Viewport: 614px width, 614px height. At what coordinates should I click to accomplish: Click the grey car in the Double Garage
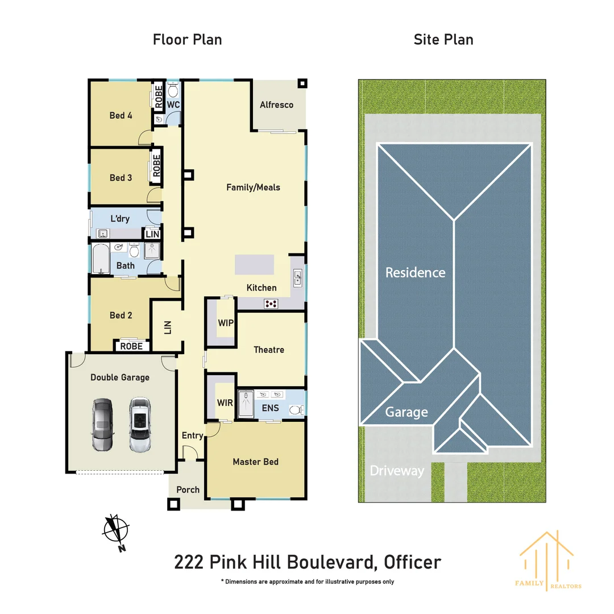pyautogui.click(x=103, y=425)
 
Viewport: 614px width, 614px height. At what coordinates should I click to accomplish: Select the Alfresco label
pyautogui.click(x=276, y=105)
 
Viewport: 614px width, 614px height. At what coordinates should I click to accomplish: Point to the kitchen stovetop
pyautogui.click(x=271, y=304)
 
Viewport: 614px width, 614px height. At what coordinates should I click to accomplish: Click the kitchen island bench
pyautogui.click(x=255, y=265)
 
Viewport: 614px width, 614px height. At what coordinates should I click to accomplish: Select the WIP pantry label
pyautogui.click(x=225, y=322)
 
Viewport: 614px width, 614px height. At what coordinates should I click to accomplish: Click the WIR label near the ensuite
pyautogui.click(x=225, y=403)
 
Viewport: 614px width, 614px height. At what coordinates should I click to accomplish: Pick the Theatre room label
pyautogui.click(x=269, y=350)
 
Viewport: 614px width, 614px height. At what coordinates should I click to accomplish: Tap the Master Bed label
pyautogui.click(x=255, y=462)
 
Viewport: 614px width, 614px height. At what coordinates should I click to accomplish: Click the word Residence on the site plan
pyautogui.click(x=415, y=272)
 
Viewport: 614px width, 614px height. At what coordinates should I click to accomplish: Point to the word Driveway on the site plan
pyautogui.click(x=397, y=471)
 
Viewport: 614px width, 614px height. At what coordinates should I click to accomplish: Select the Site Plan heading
pyautogui.click(x=443, y=39)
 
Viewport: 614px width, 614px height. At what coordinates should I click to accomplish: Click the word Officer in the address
pyautogui.click(x=412, y=562)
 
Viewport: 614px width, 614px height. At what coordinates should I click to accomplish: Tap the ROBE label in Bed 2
pyautogui.click(x=132, y=346)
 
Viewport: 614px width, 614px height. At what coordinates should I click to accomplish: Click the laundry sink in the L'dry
pyautogui.click(x=103, y=233)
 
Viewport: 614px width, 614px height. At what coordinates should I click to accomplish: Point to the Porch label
pyautogui.click(x=188, y=489)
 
